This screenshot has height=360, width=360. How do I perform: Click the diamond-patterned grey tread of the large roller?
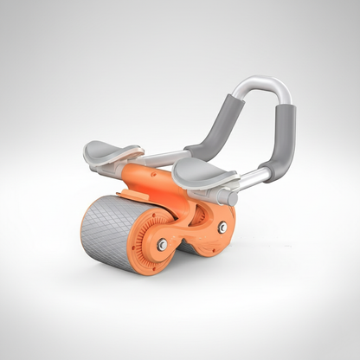pos(112,227)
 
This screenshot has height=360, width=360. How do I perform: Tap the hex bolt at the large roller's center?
pos(162,246)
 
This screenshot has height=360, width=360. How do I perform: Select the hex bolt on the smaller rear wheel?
pos(223,227)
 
